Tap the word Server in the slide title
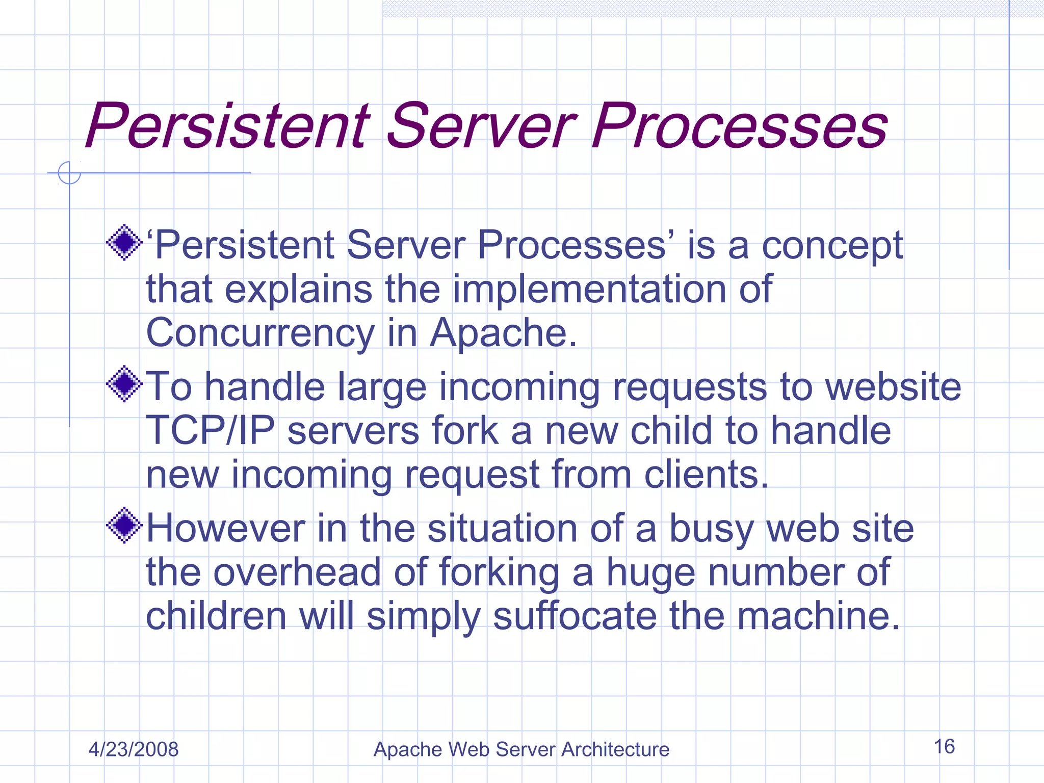[x=482, y=126]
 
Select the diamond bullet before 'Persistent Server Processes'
[x=124, y=243]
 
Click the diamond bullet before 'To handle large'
[x=124, y=384]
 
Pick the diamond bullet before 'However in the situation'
[x=124, y=526]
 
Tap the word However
[x=225, y=529]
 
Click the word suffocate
[x=575, y=616]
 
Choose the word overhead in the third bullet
[x=297, y=572]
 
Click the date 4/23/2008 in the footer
[x=133, y=749]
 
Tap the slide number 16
[x=944, y=747]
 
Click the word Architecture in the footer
[x=615, y=749]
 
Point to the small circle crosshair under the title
[x=69, y=173]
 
